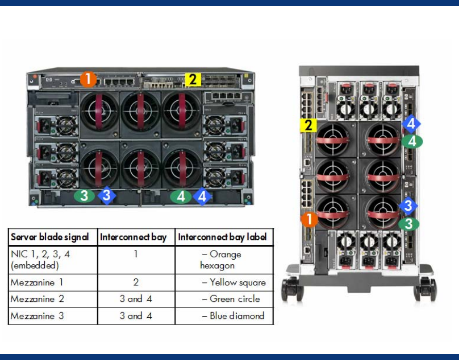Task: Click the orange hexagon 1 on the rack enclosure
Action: tap(88, 79)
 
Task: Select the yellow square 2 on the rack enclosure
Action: tap(193, 79)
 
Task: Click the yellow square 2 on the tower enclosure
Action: tap(308, 125)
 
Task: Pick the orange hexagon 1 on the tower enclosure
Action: tap(309, 220)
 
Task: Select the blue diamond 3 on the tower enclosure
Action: tap(408, 206)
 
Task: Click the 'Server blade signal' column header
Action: tap(50, 237)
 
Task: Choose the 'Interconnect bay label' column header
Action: tap(222, 237)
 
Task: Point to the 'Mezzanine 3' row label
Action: tap(37, 316)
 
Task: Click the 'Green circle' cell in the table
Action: tap(235, 299)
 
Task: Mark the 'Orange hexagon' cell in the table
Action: tap(221, 260)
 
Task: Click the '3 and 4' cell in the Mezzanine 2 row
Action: tap(136, 299)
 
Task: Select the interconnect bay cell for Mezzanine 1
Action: tap(136, 282)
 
